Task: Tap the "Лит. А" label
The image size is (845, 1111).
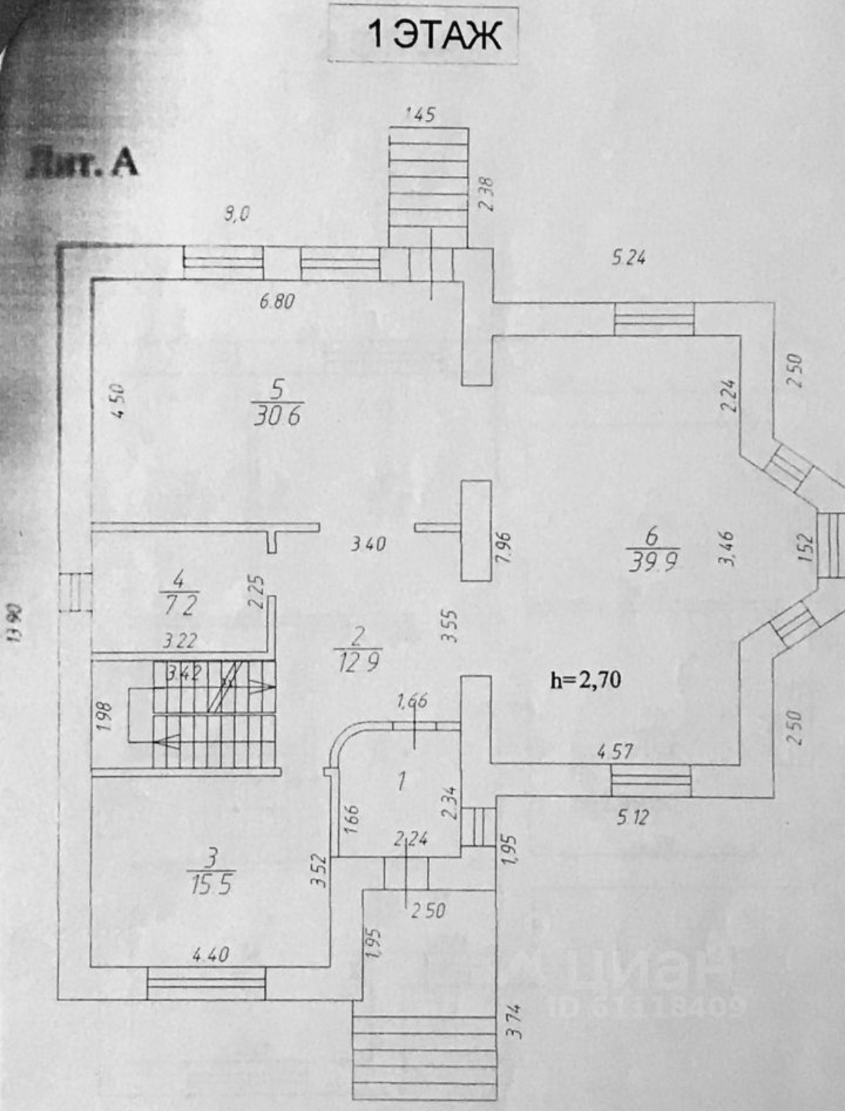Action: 81,165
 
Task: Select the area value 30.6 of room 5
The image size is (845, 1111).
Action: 277,416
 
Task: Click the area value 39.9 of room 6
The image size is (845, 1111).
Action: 652,561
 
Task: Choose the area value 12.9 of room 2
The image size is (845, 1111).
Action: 357,659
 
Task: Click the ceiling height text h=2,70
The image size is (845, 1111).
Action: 586,679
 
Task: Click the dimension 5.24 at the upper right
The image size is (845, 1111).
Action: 628,258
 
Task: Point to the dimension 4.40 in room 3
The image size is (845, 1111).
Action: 210,954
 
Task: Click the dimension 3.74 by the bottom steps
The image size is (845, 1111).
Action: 514,1021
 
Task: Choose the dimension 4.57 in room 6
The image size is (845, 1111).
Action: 615,751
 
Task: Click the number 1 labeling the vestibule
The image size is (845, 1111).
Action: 401,780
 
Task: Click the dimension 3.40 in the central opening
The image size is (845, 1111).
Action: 368,544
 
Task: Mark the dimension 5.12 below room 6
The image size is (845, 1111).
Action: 633,817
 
